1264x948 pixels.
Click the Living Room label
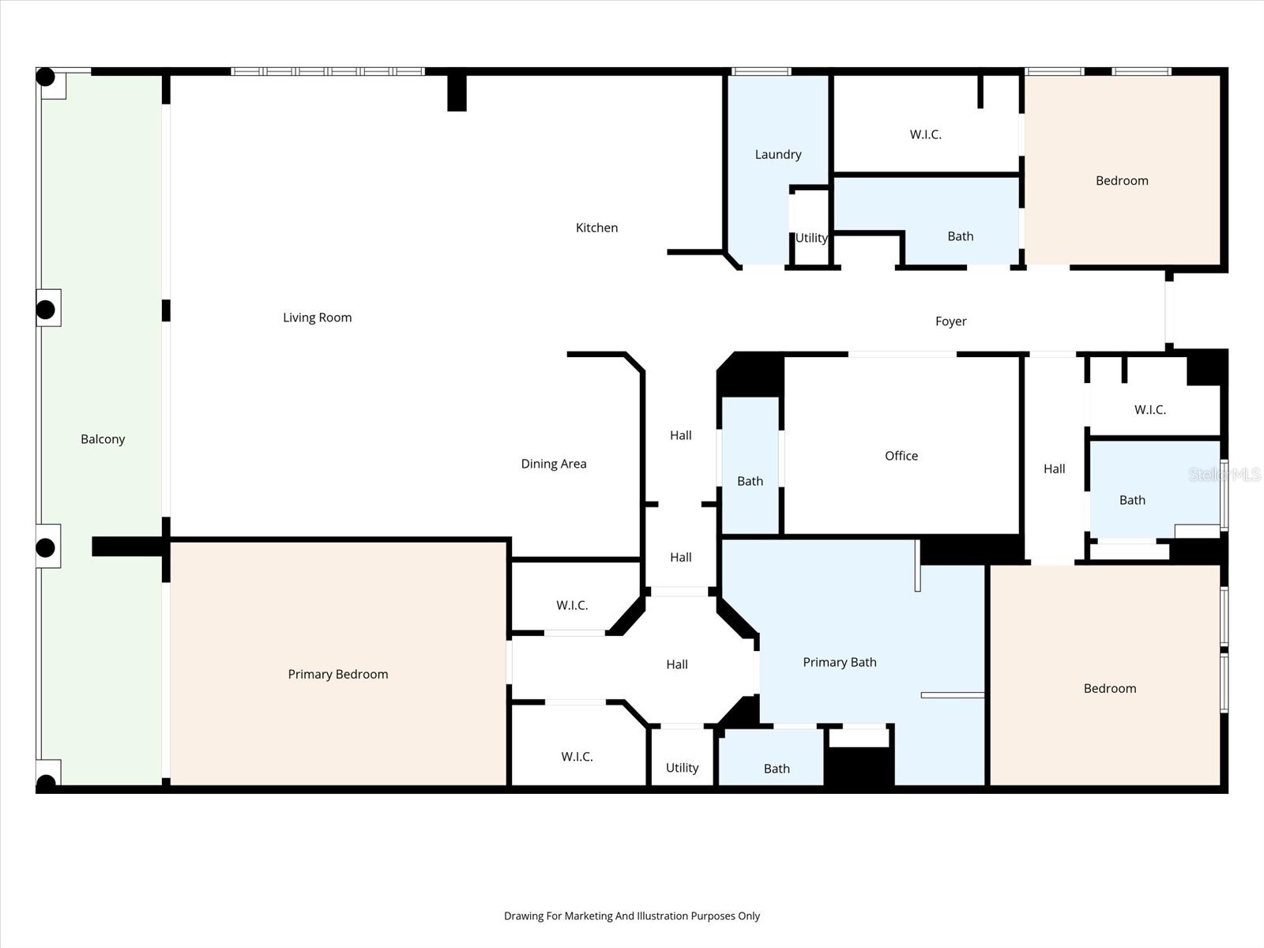317,318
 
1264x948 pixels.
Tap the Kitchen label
596,228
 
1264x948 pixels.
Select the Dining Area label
553,464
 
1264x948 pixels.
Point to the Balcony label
103,439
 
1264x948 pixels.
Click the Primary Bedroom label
337,674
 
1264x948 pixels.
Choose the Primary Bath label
839,662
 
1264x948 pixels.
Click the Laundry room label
777,155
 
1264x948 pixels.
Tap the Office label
901,456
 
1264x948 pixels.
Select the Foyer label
950,322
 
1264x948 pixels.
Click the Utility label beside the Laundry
811,238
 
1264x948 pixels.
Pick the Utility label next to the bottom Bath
682,768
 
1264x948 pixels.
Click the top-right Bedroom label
1122,181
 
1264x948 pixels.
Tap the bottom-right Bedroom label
1109,688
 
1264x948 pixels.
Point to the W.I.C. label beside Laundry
925,134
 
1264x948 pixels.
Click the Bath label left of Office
750,481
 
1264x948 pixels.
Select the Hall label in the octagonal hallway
676,664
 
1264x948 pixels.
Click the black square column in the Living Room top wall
457,92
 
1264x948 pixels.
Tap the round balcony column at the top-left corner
46,77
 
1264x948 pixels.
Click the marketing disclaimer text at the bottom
631,916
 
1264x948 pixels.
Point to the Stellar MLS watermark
1224,474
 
